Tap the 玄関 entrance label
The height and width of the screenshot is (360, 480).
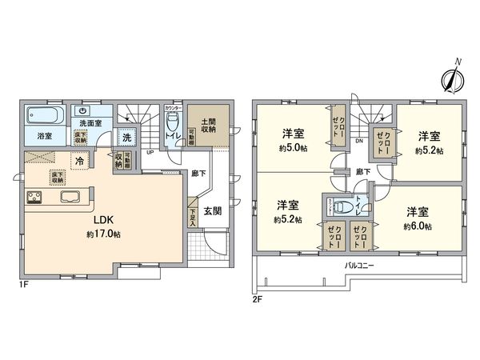(x=213, y=211)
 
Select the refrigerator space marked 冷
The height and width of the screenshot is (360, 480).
(x=80, y=161)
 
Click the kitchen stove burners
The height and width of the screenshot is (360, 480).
(x=34, y=198)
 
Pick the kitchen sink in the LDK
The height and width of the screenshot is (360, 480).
(x=67, y=198)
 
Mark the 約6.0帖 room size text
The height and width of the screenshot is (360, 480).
(x=417, y=226)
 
